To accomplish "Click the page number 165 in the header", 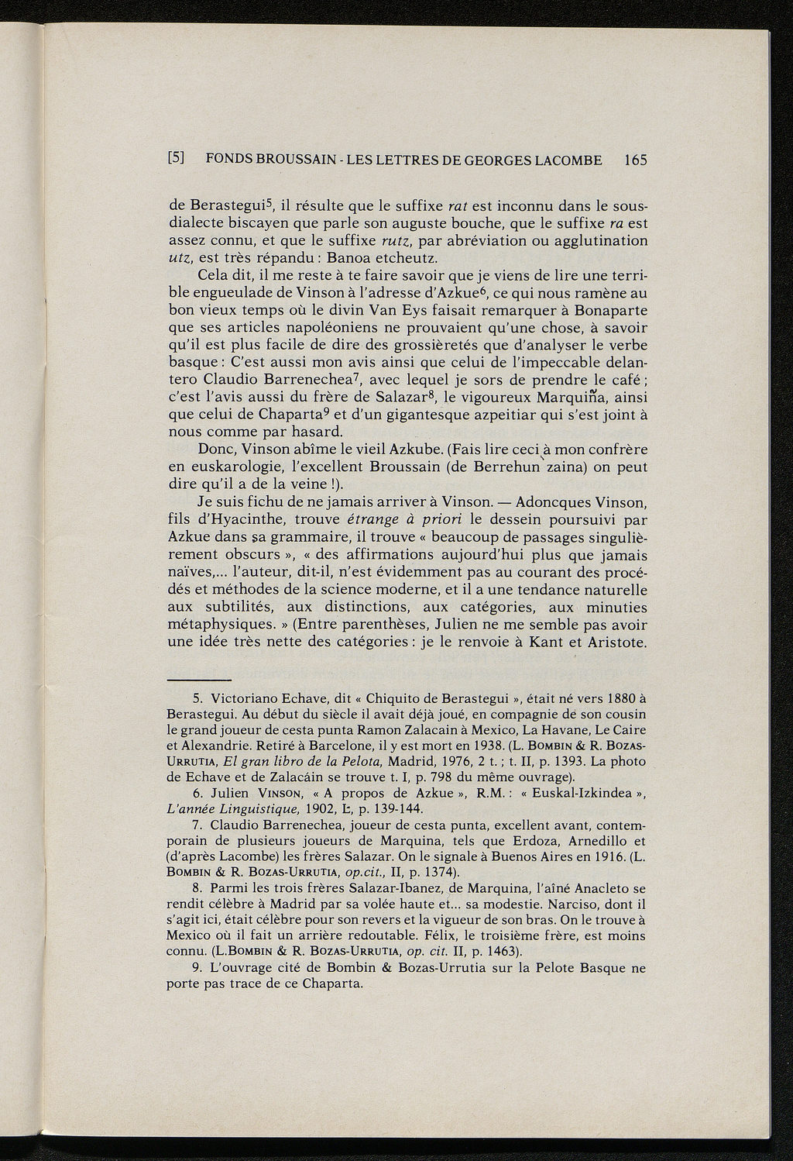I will [x=634, y=160].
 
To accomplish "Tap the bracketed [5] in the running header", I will [x=176, y=160].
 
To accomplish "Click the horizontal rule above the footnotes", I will [x=198, y=677].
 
